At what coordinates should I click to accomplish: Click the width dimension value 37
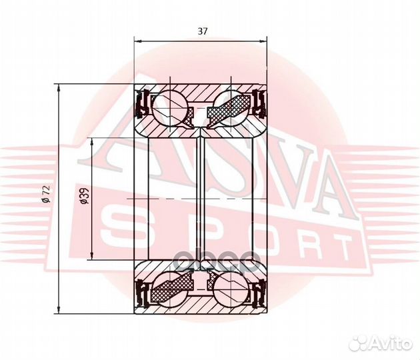click(x=203, y=31)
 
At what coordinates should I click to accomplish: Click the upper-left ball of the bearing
click(x=169, y=107)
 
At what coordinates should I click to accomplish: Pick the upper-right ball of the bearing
click(x=231, y=107)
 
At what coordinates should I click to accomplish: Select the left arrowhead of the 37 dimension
click(x=137, y=41)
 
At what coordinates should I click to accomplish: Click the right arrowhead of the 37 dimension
click(x=263, y=41)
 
